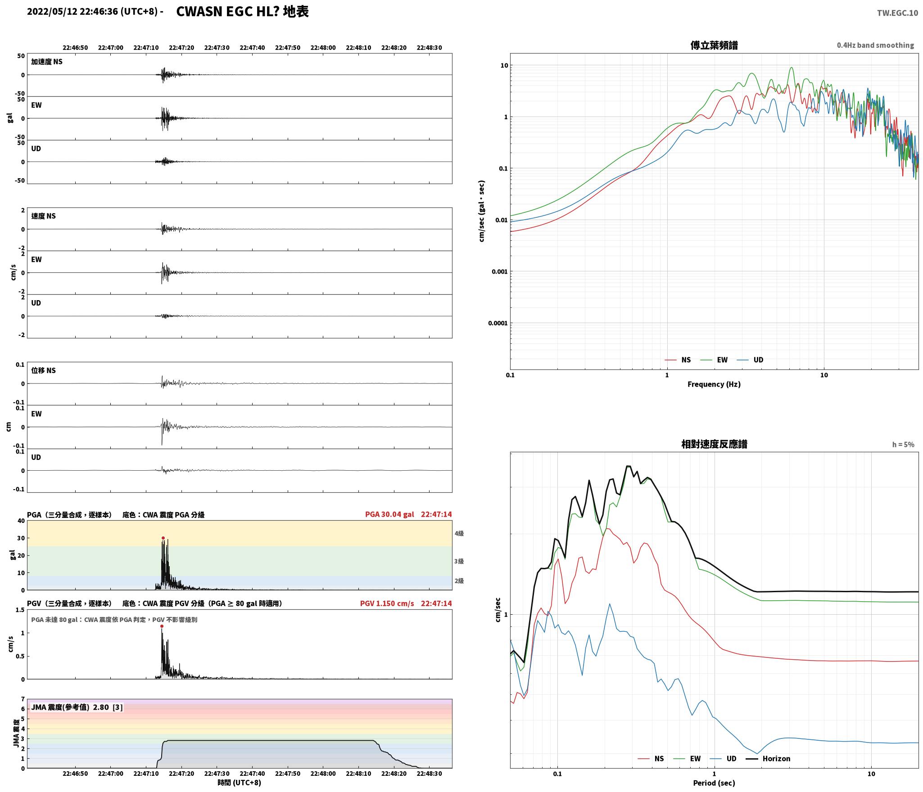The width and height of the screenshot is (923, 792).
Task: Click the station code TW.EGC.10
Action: coord(897,13)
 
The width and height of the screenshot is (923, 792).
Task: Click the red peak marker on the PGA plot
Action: coord(163,538)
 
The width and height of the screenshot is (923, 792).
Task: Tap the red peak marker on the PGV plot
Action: coord(162,626)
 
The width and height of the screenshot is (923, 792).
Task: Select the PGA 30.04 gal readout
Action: coord(389,514)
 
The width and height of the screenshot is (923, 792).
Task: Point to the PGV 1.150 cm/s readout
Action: coord(387,603)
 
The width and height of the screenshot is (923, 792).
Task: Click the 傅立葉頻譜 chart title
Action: coord(714,45)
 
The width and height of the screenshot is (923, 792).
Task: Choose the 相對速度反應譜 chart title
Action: coord(714,444)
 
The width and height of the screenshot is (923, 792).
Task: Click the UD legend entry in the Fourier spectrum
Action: coord(751,360)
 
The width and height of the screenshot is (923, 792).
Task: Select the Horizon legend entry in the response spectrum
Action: coord(768,758)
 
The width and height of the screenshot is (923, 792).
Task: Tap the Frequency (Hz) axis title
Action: coord(714,384)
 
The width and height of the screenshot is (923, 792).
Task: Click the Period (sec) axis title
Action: coord(714,783)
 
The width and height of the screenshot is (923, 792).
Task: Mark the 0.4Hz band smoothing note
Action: coord(875,45)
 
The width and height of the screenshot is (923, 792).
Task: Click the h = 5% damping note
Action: coord(903,444)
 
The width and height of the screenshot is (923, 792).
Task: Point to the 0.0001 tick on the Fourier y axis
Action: coord(498,323)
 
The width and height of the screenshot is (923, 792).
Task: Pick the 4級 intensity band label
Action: coord(459,533)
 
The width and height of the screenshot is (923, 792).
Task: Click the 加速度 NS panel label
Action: coord(47,62)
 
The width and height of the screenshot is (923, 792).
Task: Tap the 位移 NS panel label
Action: coord(43,370)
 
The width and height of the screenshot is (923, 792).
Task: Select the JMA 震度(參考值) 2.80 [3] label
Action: coord(77,707)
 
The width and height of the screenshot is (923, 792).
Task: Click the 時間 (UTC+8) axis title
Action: coord(239,783)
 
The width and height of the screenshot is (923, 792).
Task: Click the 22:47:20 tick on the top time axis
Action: coord(181,47)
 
